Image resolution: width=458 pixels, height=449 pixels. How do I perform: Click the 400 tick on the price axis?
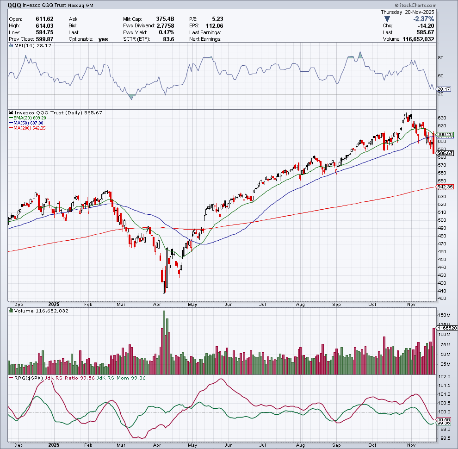442,299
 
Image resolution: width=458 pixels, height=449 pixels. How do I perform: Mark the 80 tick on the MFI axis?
440,58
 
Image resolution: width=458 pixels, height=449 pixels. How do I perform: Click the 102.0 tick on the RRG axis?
445,377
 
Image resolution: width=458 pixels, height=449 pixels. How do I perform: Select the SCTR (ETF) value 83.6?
168,39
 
